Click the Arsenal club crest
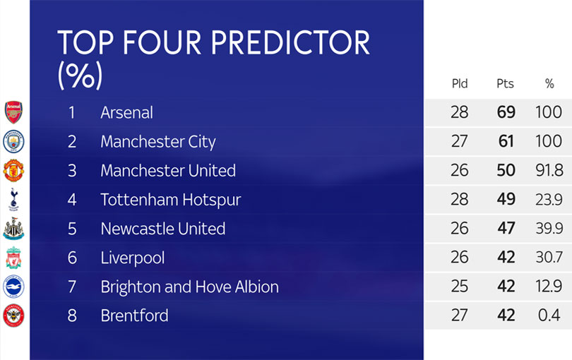pyautogui.click(x=13, y=112)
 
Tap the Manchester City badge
pyautogui.click(x=13, y=141)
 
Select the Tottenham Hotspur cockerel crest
pyautogui.click(x=13, y=200)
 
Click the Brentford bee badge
pyautogui.click(x=13, y=316)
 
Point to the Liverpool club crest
pyautogui.click(x=13, y=258)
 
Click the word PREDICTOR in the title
pyautogui.click(x=290, y=42)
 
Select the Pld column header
pyautogui.click(x=460, y=83)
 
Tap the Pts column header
pyautogui.click(x=505, y=83)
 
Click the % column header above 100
pyautogui.click(x=549, y=83)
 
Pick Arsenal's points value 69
pyautogui.click(x=506, y=112)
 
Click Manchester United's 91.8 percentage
pyautogui.click(x=549, y=170)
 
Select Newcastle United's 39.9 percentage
pyautogui.click(x=549, y=228)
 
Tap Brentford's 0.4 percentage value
pyautogui.click(x=549, y=316)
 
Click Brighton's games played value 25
pyautogui.click(x=460, y=287)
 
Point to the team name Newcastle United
pyautogui.click(x=163, y=229)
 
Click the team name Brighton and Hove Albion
pyautogui.click(x=190, y=287)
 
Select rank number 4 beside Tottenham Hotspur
pyautogui.click(x=72, y=200)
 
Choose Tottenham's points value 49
pyautogui.click(x=506, y=199)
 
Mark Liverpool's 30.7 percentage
pyautogui.click(x=549, y=257)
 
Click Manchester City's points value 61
pyautogui.click(x=506, y=141)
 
